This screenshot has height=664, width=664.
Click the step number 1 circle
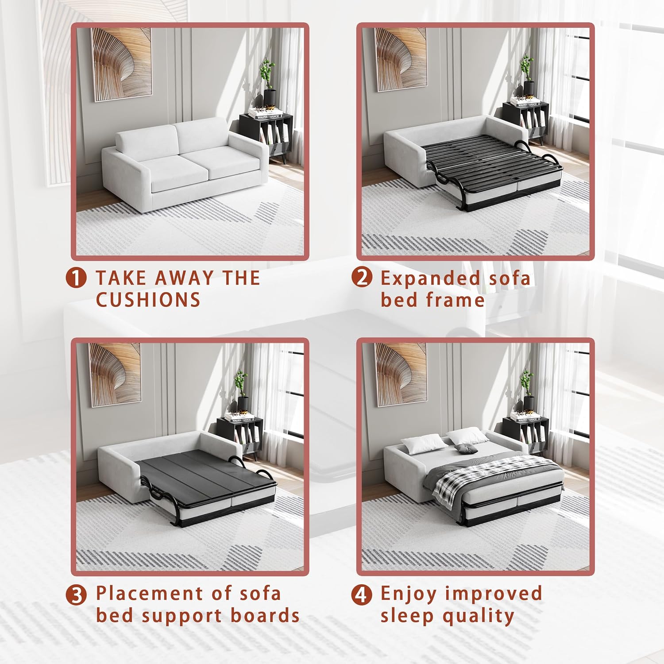pyautogui.click(x=76, y=278)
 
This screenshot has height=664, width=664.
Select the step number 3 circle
pyautogui.click(x=76, y=595)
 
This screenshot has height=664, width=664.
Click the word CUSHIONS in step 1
pyautogui.click(x=148, y=300)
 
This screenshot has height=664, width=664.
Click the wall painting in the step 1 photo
pyautogui.click(x=121, y=64)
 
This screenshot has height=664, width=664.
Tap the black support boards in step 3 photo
pyautogui.click(x=204, y=474)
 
